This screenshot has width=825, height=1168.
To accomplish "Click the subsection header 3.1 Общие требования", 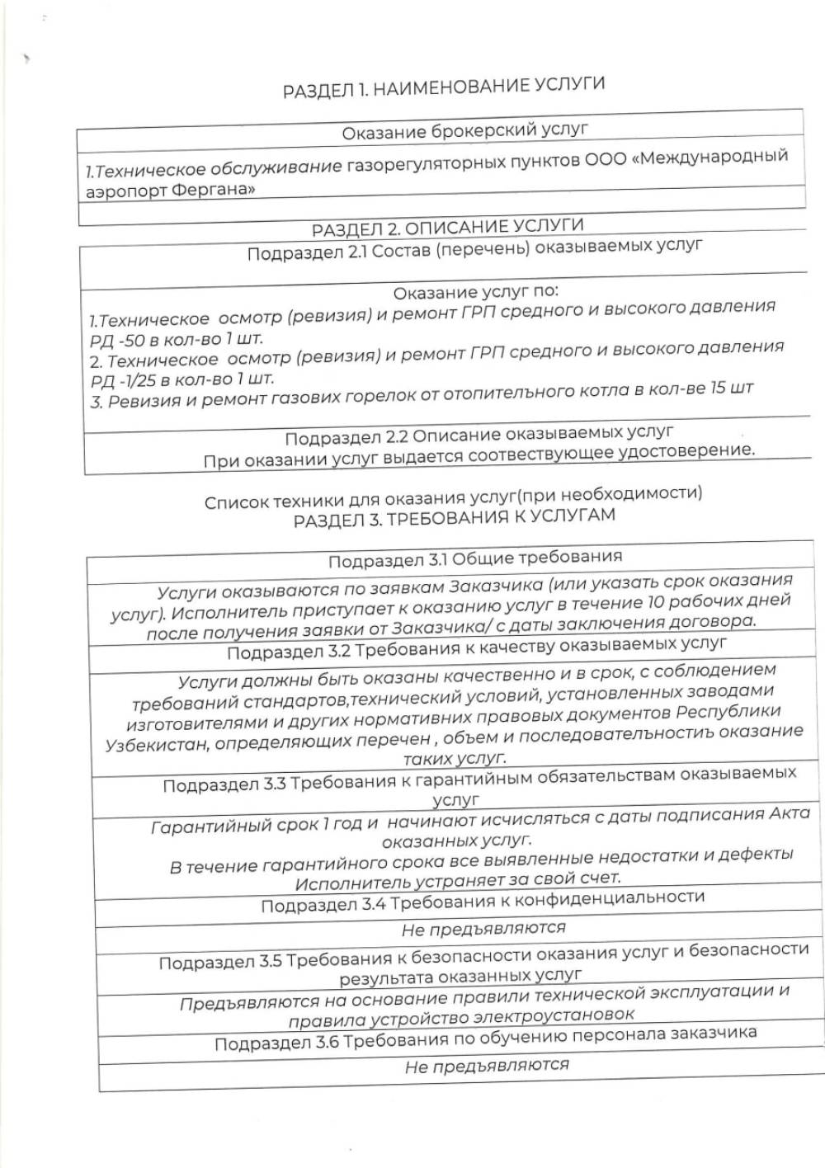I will tap(475, 559).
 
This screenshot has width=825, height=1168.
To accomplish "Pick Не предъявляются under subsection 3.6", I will tap(487, 1066).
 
